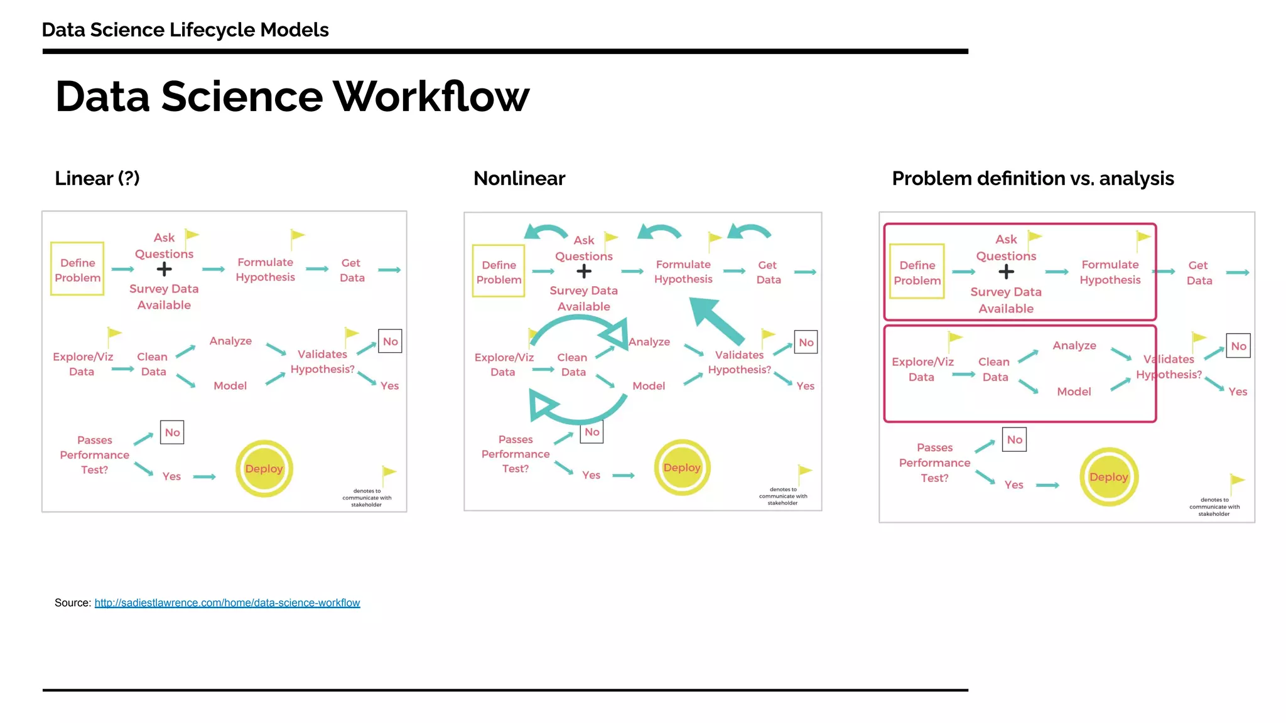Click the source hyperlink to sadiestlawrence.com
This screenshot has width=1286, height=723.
pyautogui.click(x=227, y=602)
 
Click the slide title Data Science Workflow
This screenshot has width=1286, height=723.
pyautogui.click(x=292, y=97)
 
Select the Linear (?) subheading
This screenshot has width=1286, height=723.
pyautogui.click(x=97, y=178)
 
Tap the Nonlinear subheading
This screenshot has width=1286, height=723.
pyautogui.click(x=519, y=178)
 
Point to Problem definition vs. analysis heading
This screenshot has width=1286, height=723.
pyautogui.click(x=1032, y=178)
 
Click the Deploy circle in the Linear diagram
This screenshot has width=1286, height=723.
pyautogui.click(x=264, y=469)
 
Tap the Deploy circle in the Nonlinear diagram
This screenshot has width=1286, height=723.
pyautogui.click(x=682, y=468)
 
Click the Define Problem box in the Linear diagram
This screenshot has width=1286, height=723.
pyautogui.click(x=77, y=270)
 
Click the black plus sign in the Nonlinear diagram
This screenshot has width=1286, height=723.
pyautogui.click(x=584, y=271)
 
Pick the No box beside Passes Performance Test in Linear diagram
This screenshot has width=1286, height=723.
pyautogui.click(x=172, y=432)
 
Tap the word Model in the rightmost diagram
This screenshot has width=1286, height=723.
pyautogui.click(x=1074, y=392)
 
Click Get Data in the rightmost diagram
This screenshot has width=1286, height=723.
pyautogui.click(x=1199, y=273)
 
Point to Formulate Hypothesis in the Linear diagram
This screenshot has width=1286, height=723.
pyautogui.click(x=265, y=270)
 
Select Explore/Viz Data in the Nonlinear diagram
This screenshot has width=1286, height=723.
pyautogui.click(x=504, y=365)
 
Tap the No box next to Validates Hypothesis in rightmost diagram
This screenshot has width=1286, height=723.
pyautogui.click(x=1238, y=346)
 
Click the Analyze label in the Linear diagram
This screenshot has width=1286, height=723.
pyautogui.click(x=230, y=341)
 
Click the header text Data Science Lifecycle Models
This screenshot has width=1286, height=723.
pyautogui.click(x=185, y=29)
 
